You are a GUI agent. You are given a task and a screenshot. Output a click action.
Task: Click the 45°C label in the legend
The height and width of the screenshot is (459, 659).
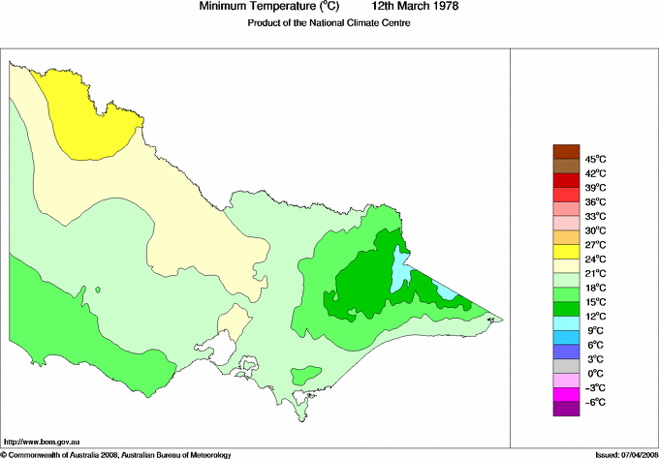pos(594,159)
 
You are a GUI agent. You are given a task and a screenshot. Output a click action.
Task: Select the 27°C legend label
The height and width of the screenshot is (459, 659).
pos(594,245)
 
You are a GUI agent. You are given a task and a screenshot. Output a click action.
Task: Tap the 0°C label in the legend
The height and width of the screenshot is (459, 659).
pos(594,374)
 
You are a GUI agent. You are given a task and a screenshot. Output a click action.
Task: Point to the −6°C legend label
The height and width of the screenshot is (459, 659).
pos(594,402)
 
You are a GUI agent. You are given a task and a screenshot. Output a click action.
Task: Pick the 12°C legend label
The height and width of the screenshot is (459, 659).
pos(594,317)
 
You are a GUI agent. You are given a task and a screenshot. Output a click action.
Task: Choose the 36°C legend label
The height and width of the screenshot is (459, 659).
pos(594,201)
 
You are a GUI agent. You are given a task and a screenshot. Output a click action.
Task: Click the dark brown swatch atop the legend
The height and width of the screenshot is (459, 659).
pos(566,151)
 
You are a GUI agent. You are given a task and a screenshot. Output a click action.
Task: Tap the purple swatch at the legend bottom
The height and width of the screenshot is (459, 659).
pos(566,409)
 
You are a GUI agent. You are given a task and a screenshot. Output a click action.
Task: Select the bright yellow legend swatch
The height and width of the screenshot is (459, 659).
pos(566,252)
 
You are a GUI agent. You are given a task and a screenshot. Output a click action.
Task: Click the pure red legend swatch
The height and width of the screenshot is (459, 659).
pos(566,180)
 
